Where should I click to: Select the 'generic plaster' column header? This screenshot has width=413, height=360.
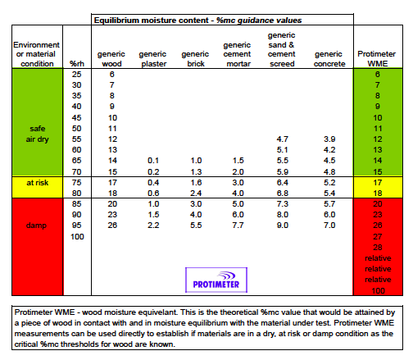click(x=154, y=57)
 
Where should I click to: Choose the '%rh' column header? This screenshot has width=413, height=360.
click(x=78, y=62)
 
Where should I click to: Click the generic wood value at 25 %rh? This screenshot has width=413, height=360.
click(x=111, y=75)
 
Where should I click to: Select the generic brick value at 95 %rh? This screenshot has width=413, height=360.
click(x=194, y=225)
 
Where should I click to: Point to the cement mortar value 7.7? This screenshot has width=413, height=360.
click(x=238, y=225)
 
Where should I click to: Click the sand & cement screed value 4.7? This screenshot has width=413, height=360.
click(x=284, y=140)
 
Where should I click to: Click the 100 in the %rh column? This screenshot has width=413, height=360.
click(x=78, y=236)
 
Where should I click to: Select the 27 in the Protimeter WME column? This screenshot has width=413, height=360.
click(x=378, y=236)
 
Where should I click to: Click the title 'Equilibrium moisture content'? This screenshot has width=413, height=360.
click(x=149, y=18)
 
